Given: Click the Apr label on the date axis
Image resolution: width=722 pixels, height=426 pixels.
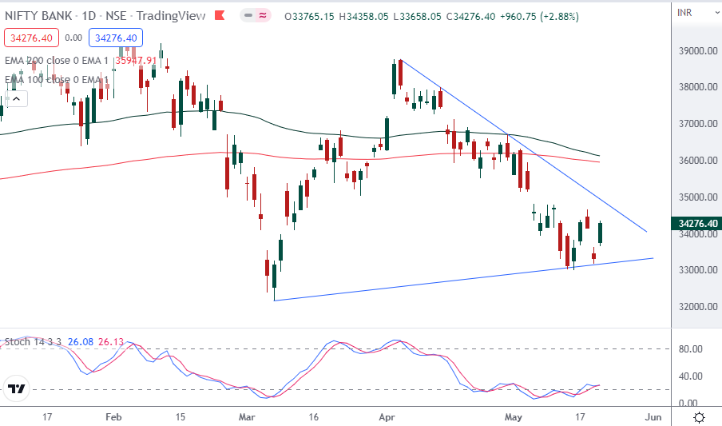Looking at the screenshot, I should coord(387,416).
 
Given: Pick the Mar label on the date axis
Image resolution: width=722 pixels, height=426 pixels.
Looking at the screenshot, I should coord(248,416).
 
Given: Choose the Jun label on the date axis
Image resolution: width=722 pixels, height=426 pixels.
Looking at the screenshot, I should coord(653,416).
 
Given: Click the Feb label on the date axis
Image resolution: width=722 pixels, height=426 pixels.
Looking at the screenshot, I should coord(113,416).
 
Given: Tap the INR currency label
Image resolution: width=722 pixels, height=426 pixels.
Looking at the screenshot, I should coord(684,12).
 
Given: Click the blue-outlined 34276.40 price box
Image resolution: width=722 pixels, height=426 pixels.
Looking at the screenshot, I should coord(116,37).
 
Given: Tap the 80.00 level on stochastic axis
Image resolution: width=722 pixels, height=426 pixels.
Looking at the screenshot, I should coord(689,349).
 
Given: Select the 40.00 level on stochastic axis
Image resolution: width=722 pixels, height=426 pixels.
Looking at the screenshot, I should coord(689,376).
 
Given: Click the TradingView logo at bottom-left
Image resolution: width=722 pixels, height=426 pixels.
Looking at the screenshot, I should coord(17,390).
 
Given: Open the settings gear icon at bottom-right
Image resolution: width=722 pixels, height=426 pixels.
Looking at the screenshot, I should coord(699,417).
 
